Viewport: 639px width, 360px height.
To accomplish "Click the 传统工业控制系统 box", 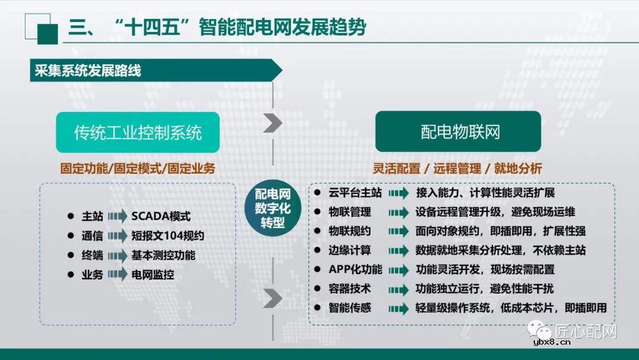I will click(138, 132).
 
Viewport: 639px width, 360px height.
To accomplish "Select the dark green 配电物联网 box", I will click(458, 131).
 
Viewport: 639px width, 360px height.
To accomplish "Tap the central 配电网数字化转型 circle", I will click(273, 208).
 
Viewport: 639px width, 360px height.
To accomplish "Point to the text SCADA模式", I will click(161, 217).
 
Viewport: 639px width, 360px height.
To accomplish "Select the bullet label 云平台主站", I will click(355, 193).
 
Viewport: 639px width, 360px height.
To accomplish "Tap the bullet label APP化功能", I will click(355, 269).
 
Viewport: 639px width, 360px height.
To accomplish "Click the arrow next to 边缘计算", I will click(399, 250).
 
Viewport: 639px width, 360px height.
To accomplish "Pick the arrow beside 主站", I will click(117, 217).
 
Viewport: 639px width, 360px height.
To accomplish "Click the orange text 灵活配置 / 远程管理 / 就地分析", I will click(457, 169).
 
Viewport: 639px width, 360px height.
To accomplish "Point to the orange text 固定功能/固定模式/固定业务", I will click(137, 169).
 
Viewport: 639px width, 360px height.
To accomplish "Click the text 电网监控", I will click(153, 274).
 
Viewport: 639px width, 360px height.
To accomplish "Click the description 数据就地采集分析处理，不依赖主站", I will click(501, 250).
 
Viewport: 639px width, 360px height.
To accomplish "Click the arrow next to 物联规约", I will click(399, 232).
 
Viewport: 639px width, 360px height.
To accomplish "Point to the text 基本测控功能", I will click(163, 255).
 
